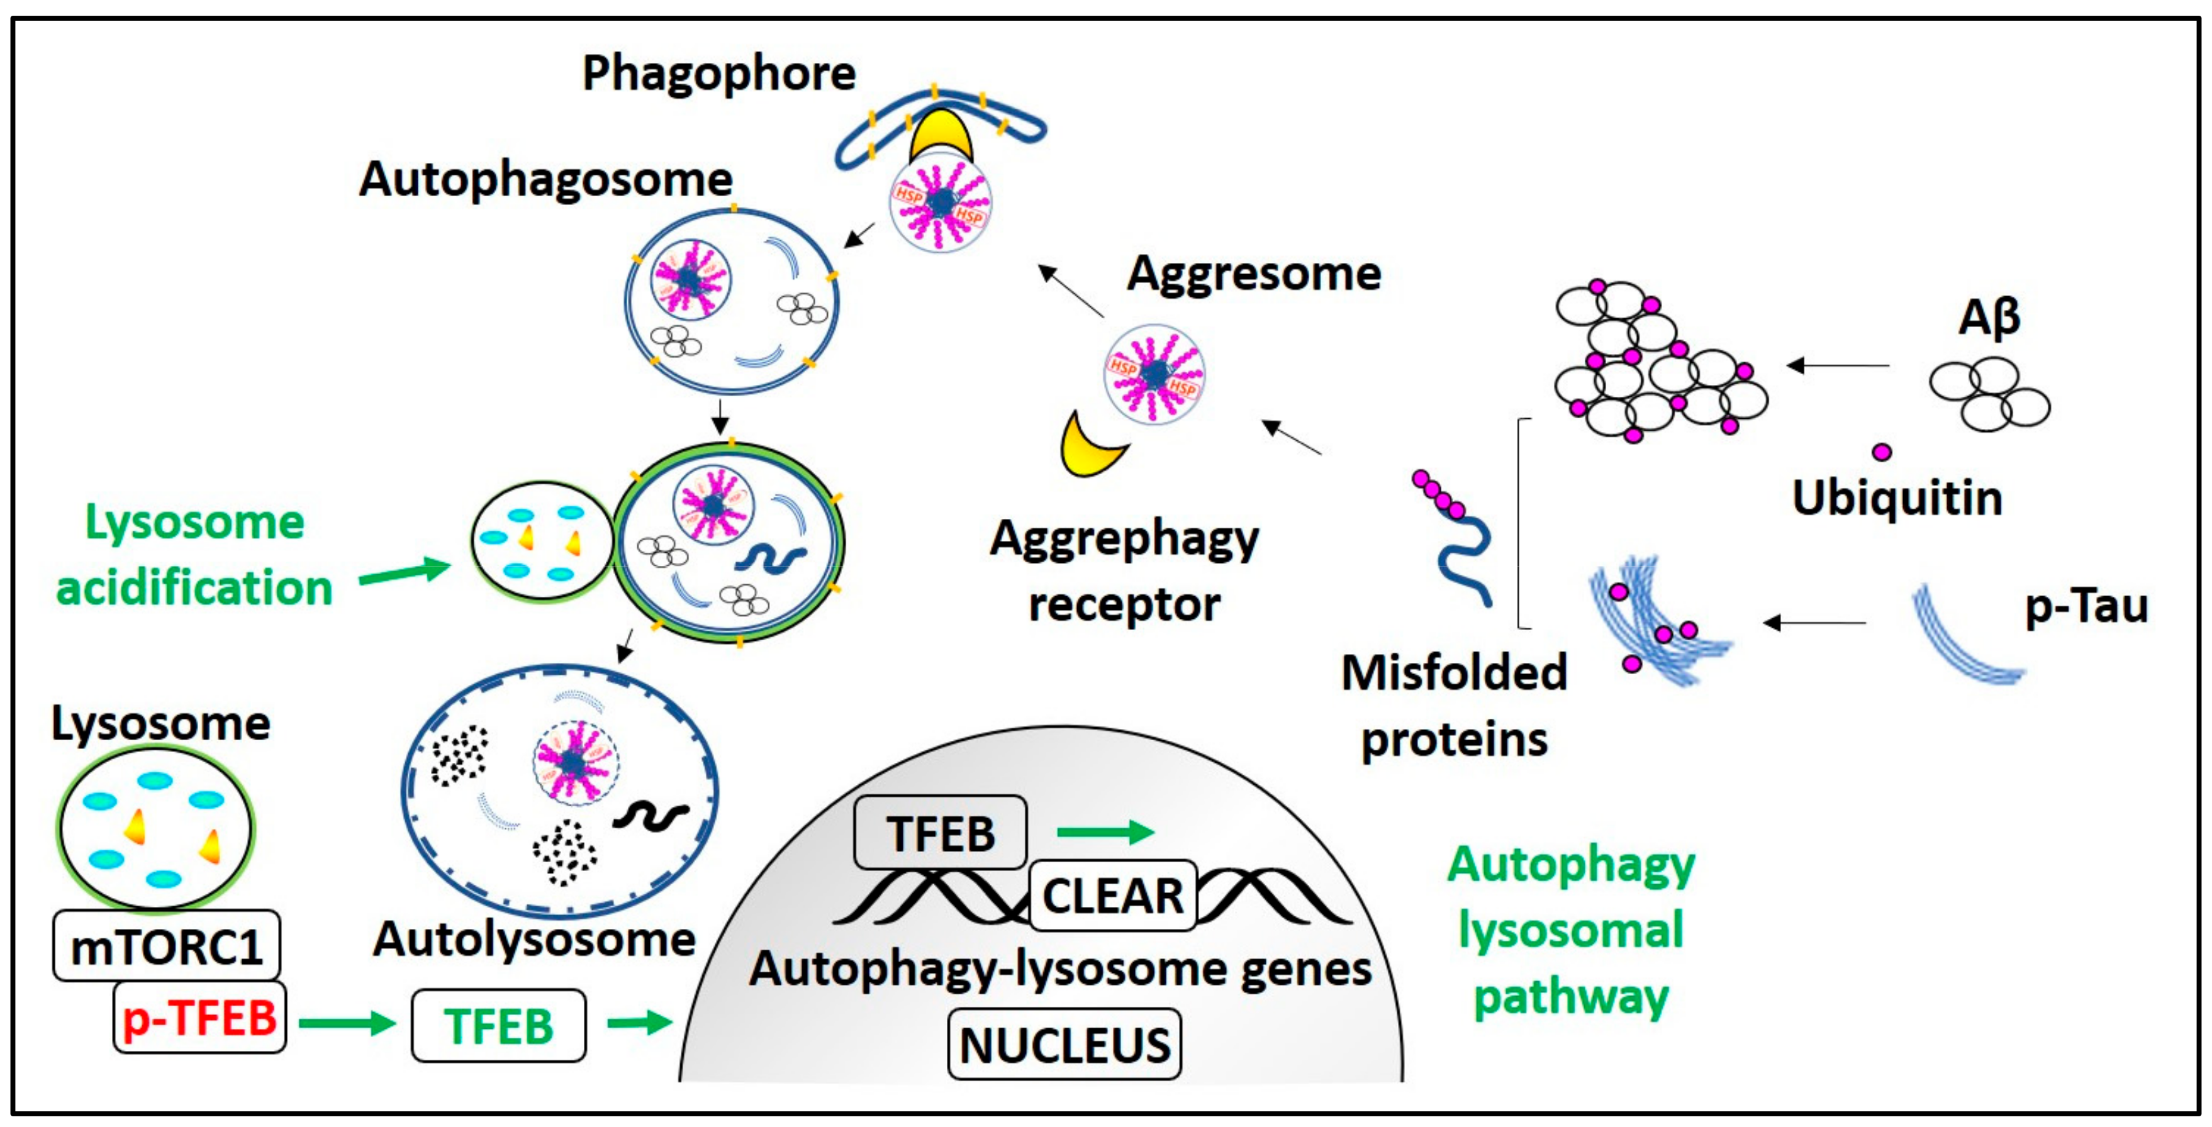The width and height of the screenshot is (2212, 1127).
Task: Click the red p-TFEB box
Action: point(199,1019)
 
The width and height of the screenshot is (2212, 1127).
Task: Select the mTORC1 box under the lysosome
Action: point(165,947)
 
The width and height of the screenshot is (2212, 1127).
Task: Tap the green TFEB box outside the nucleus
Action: point(498,1026)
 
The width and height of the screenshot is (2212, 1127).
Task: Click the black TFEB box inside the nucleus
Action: point(941,833)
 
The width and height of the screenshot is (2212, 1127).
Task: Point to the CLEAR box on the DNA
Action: point(1113,896)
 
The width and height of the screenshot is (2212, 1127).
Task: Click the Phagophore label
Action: point(718,74)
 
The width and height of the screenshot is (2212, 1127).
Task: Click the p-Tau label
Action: point(2086,607)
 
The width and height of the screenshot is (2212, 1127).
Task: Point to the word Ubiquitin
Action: point(1897,499)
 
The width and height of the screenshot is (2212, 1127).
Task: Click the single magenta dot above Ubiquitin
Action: point(1882,452)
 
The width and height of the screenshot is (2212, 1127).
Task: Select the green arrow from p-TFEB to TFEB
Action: point(347,1022)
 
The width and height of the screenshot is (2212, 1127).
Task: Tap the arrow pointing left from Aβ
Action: point(1838,365)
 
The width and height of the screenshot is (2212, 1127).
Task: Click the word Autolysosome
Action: point(534,940)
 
